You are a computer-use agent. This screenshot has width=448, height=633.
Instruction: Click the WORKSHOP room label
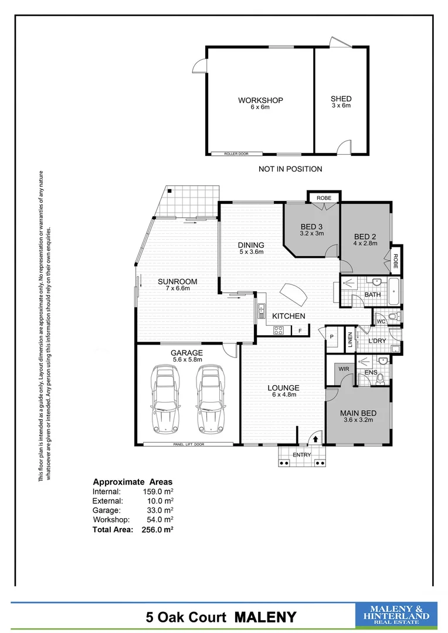tap(260, 100)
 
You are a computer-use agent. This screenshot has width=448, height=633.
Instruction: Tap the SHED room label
tap(341, 99)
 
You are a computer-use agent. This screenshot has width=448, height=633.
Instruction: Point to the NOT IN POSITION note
tap(290, 169)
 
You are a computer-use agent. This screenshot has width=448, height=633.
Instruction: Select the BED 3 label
tap(311, 227)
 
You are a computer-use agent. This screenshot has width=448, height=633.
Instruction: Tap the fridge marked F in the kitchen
tap(300, 331)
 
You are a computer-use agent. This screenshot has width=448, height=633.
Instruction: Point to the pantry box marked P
tap(331, 337)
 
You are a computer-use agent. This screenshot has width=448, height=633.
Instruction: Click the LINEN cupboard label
tap(350, 341)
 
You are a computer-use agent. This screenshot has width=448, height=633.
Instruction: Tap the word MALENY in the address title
tap(266, 617)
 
